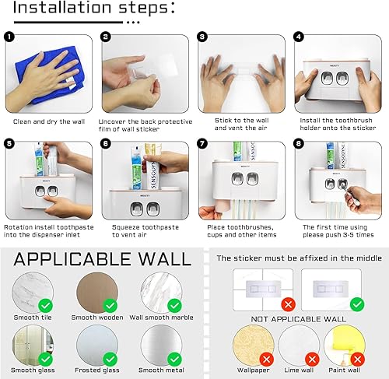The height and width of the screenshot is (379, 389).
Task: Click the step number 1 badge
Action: coord(9,37)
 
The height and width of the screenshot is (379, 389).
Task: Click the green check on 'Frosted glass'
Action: coord(110,358)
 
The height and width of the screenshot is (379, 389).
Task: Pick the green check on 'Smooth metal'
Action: coord(174,358)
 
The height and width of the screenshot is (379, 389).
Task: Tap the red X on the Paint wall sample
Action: coord(356,360)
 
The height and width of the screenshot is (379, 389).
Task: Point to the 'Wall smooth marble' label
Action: coord(161,317)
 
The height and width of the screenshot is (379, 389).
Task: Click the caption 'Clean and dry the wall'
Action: coord(48,121)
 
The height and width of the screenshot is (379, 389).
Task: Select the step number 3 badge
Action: coord(202,37)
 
